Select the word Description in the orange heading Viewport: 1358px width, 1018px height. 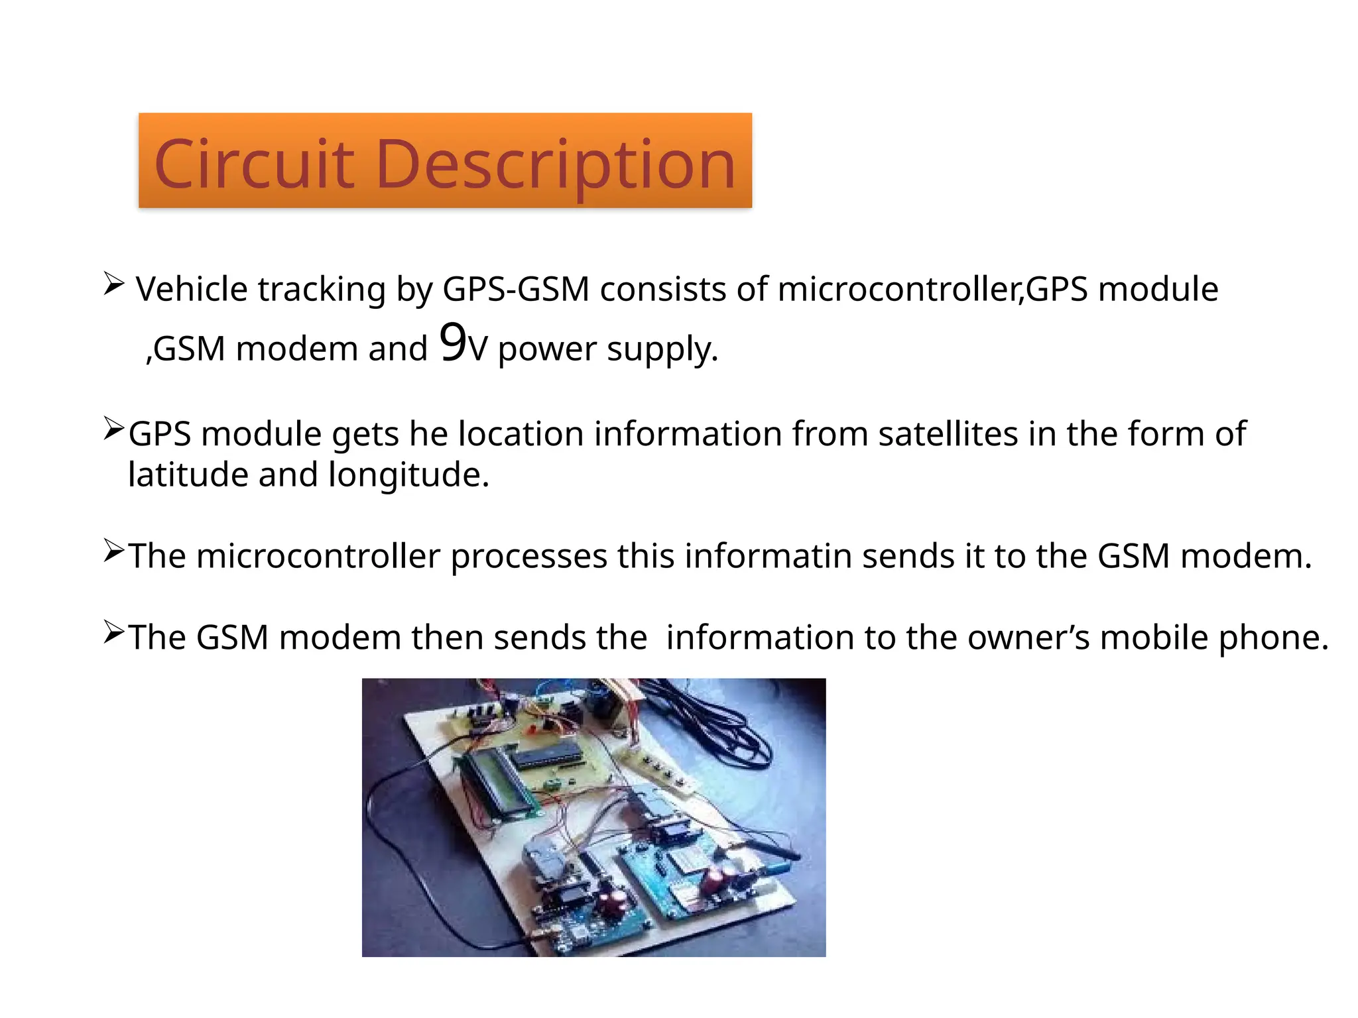556,166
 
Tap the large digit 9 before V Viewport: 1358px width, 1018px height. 453,343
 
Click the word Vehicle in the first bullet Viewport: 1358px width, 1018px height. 192,290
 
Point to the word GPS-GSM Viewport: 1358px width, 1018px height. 516,290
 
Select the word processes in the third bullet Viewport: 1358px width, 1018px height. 528,557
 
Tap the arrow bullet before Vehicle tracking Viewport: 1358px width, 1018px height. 113,284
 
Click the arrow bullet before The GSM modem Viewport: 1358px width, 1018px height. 113,633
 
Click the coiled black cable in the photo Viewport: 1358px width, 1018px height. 716,722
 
